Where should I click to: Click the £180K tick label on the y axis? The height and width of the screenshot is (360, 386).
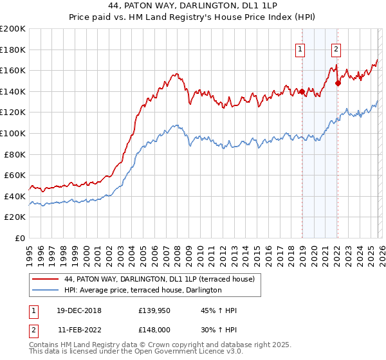pyautogui.click(x=13, y=50)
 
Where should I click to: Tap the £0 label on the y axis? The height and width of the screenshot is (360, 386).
pyautogui.click(x=19, y=238)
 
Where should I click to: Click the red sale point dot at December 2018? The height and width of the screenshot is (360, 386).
pyautogui.click(x=302, y=92)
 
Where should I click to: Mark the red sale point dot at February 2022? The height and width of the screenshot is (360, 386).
pyautogui.click(x=338, y=83)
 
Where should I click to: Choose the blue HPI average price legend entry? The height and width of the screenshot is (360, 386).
pyautogui.click(x=143, y=290)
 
